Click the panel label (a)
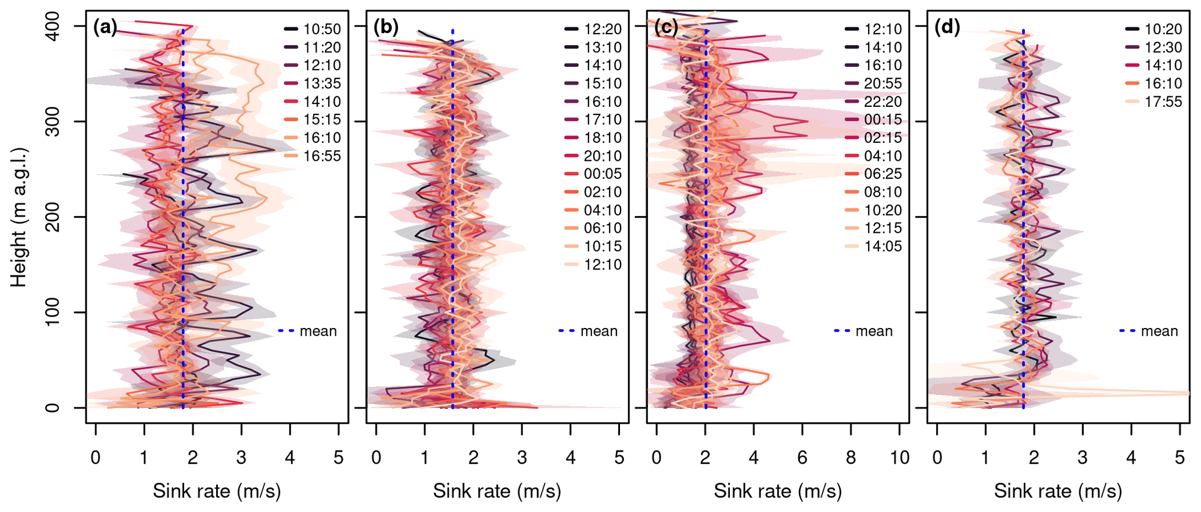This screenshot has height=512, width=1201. [x=105, y=27]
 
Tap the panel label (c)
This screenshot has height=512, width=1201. [x=666, y=27]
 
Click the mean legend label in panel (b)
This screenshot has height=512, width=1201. [x=599, y=331]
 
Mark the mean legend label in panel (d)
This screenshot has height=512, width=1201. [x=1159, y=331]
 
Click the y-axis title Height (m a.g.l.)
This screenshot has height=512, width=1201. [x=19, y=217]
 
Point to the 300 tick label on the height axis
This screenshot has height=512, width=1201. [x=53, y=121]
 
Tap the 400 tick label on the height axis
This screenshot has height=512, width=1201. [x=53, y=26]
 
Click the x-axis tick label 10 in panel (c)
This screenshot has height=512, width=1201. [x=899, y=458]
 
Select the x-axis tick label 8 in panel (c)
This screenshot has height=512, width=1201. [x=851, y=458]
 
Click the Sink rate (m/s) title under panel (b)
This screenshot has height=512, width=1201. [x=497, y=491]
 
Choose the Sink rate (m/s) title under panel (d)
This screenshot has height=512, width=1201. [x=1057, y=491]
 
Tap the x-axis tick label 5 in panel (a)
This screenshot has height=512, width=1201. [x=339, y=458]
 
